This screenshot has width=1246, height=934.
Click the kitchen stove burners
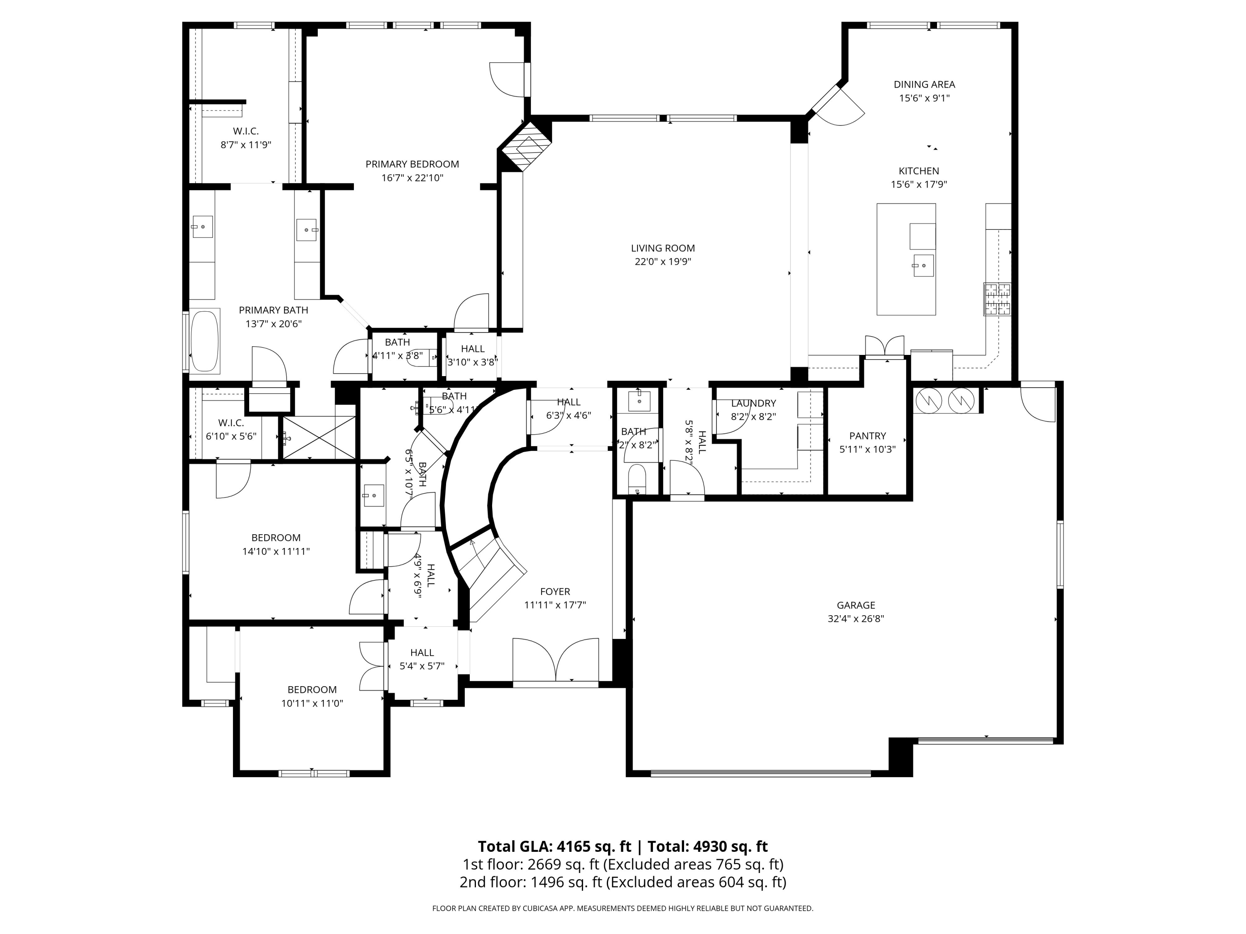coord(997,299)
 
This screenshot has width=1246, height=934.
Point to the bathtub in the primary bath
coord(204,341)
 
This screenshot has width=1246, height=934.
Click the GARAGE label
coord(856,605)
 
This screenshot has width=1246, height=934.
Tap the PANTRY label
coord(868,436)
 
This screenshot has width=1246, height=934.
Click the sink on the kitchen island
coord(923,265)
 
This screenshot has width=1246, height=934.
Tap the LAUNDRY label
coord(753,403)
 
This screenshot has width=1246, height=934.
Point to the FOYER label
coord(555,592)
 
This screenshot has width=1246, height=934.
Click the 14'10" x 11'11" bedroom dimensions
coord(276,552)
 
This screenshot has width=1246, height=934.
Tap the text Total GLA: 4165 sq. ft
coord(554,847)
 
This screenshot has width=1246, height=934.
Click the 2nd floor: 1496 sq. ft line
coord(623,882)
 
